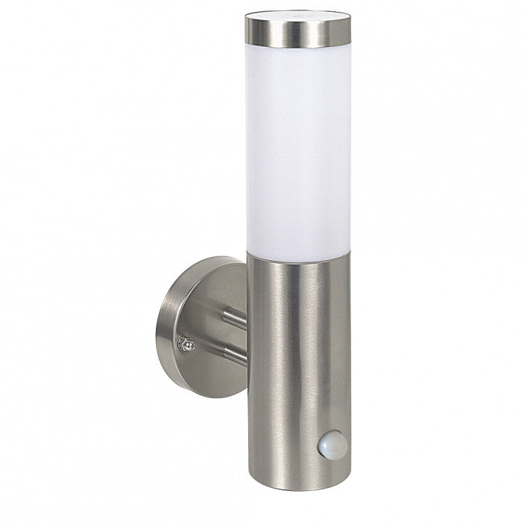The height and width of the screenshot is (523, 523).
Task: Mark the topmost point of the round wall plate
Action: click(217, 256)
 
